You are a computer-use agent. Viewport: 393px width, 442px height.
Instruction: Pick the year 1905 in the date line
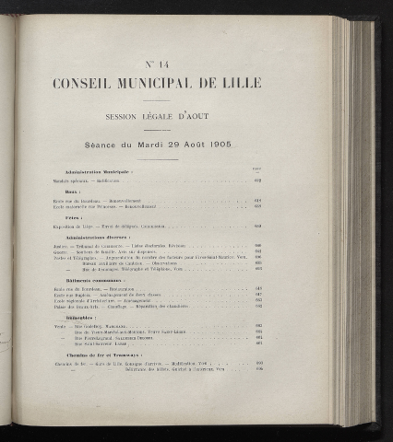coord(217,145)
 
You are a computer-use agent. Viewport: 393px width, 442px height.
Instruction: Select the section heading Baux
coord(73,192)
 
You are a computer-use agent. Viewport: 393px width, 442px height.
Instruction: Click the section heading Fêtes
coord(74,218)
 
